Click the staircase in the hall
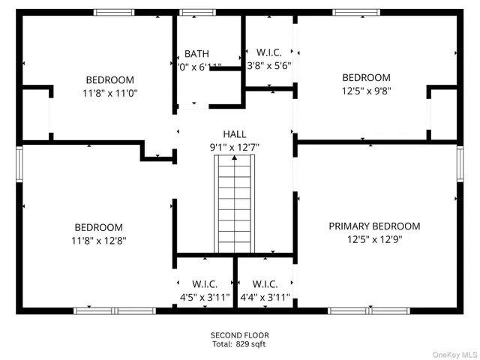pyautogui.click(x=235, y=209)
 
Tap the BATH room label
pyautogui.click(x=196, y=54)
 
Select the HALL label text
pyautogui.click(x=234, y=134)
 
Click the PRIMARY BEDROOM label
pyautogui.click(x=374, y=226)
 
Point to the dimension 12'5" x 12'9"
pyautogui.click(x=374, y=240)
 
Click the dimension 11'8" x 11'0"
pyautogui.click(x=109, y=94)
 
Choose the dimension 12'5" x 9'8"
pyautogui.click(x=366, y=91)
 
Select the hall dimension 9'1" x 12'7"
pyautogui.click(x=234, y=148)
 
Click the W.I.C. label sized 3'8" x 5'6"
pyautogui.click(x=268, y=52)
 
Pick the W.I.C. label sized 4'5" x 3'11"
pyautogui.click(x=204, y=284)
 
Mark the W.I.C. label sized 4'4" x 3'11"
pyautogui.click(x=265, y=284)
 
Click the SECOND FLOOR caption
pyautogui.click(x=239, y=335)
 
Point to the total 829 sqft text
pyautogui.click(x=239, y=344)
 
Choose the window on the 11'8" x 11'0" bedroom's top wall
pyautogui.click(x=114, y=12)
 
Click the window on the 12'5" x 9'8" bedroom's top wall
pyautogui.click(x=356, y=12)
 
